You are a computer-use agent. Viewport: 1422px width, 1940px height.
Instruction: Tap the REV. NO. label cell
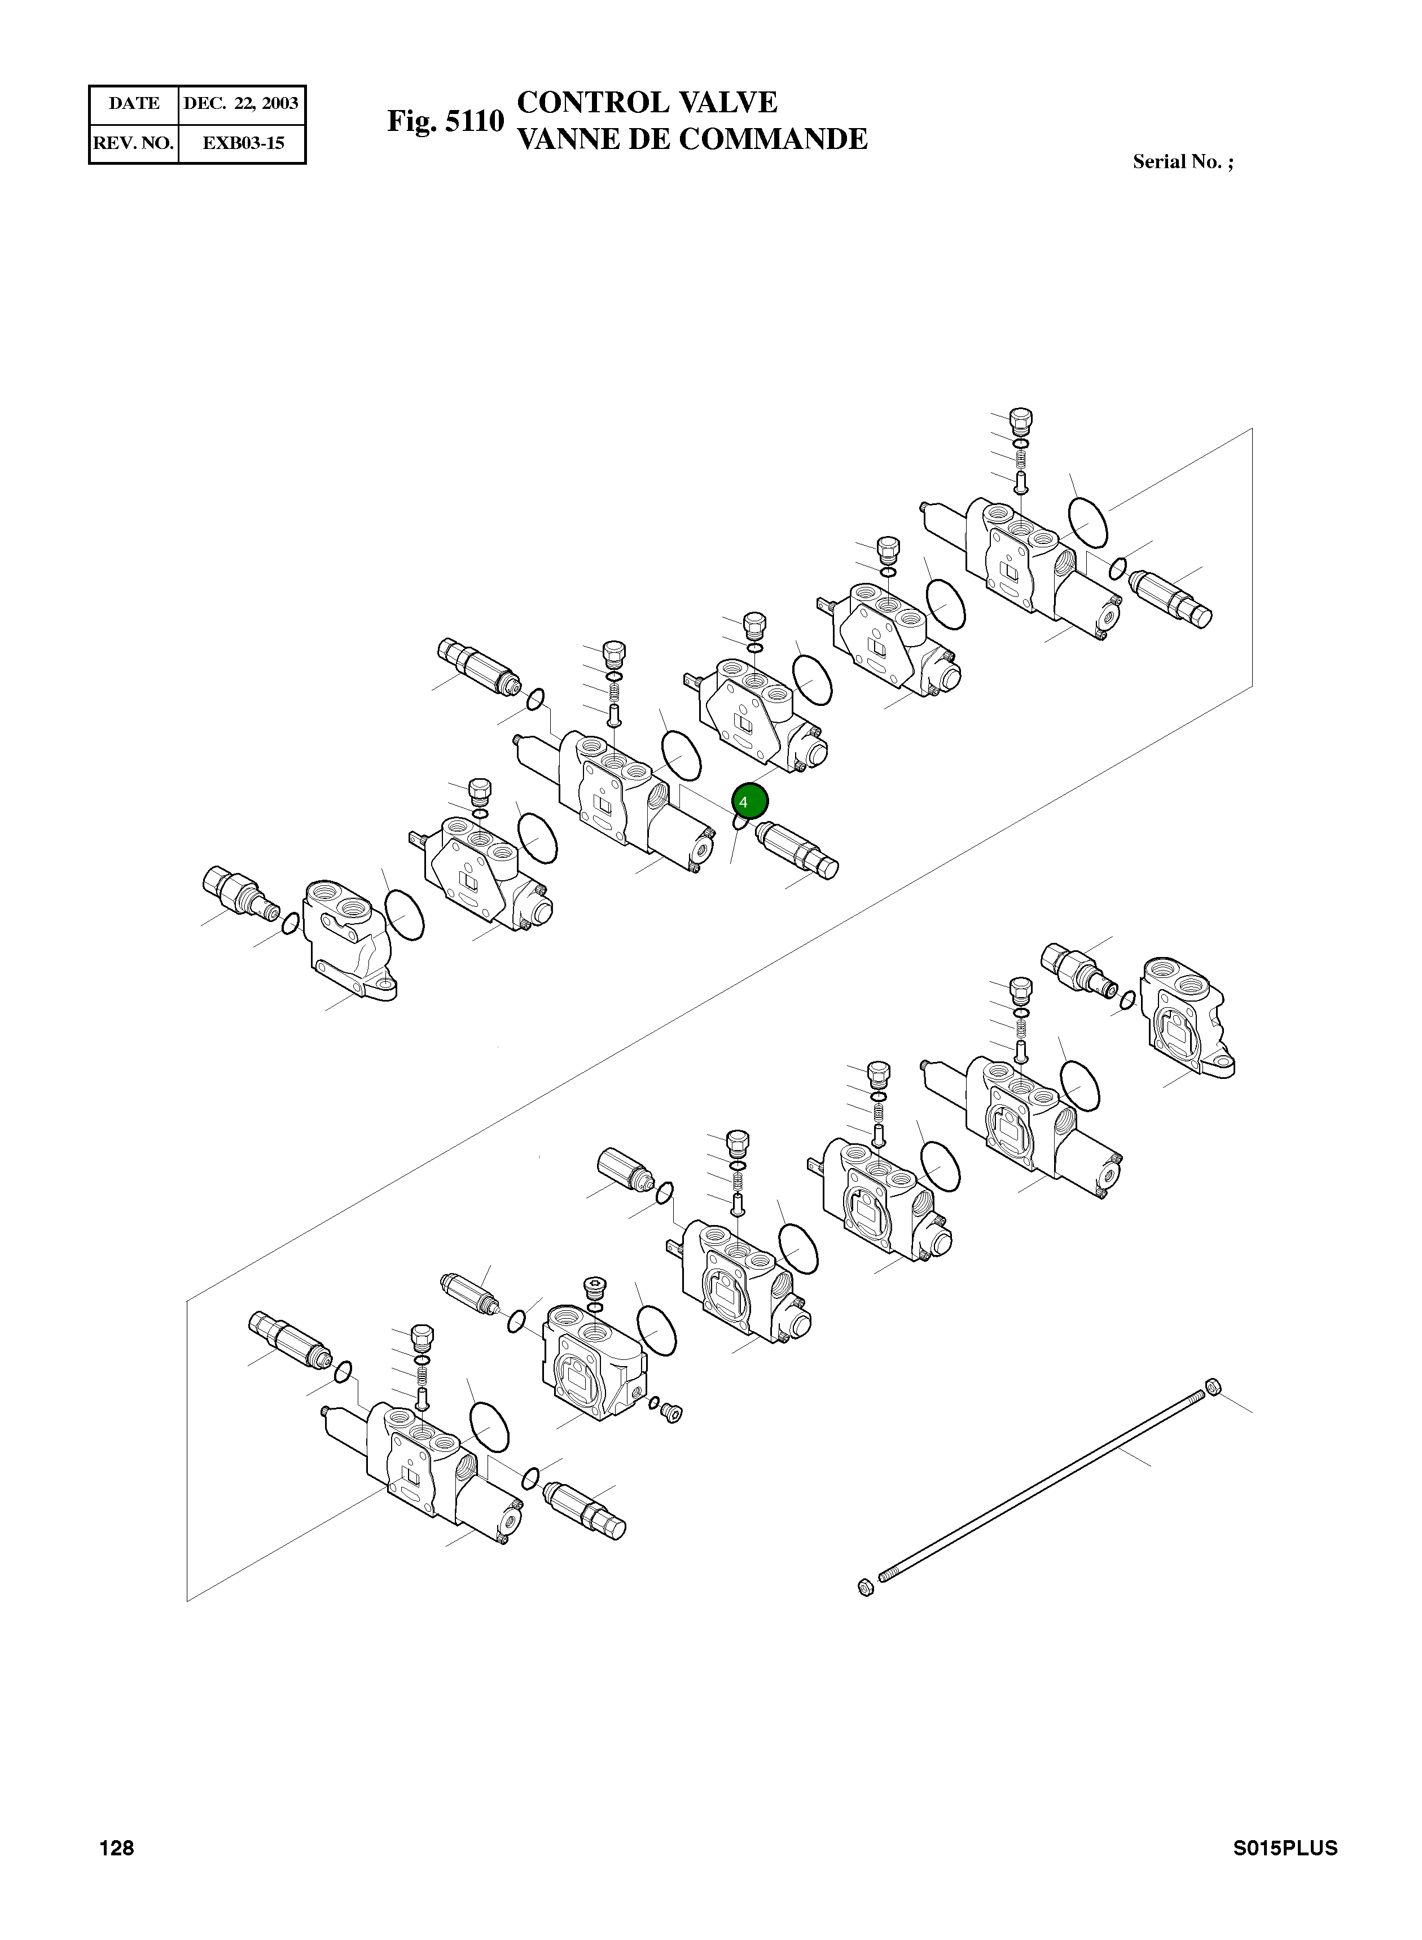(133, 143)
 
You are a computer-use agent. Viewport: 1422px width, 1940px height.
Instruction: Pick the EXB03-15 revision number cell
(243, 143)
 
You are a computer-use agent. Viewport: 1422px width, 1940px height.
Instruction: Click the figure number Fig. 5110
(445, 121)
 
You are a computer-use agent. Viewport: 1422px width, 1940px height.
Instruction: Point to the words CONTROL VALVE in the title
(647, 103)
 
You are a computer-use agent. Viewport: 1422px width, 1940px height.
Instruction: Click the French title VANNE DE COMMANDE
(691, 139)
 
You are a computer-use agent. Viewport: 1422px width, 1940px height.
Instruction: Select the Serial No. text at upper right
(1182, 162)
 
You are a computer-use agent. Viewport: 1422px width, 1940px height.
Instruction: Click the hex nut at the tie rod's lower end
(867, 1586)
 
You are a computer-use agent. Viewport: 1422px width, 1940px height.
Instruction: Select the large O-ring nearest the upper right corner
(1087, 521)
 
